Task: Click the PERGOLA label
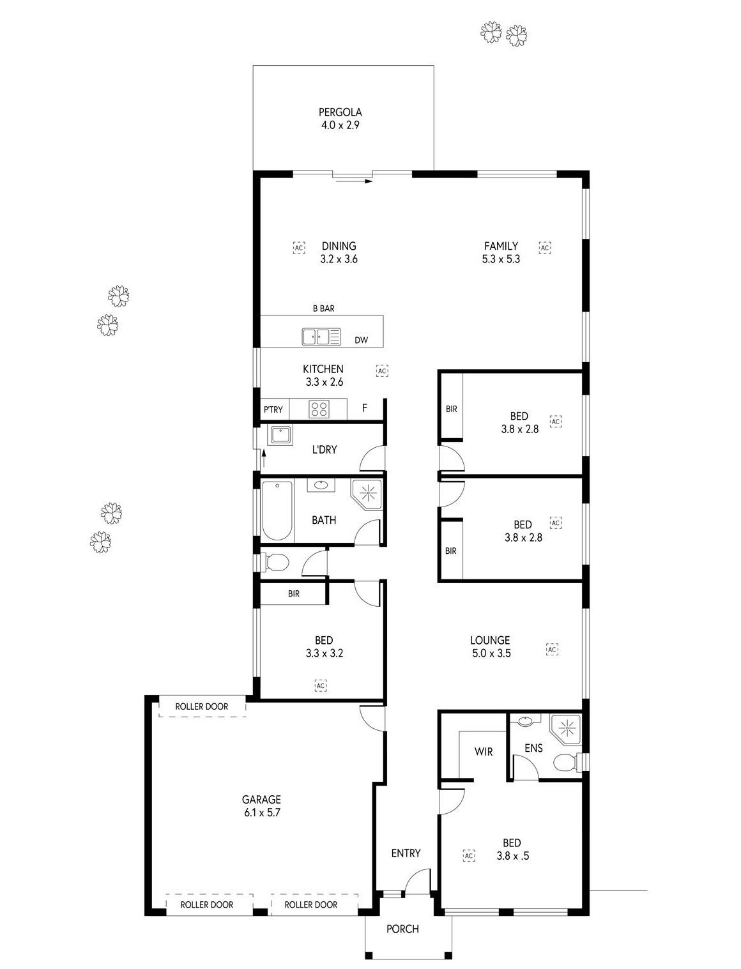click(x=340, y=112)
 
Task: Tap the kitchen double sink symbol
click(x=321, y=337)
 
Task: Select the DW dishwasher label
click(x=361, y=340)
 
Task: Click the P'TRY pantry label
click(x=273, y=409)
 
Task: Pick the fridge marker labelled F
click(x=365, y=408)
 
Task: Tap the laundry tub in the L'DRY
click(x=280, y=435)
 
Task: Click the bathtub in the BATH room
click(x=277, y=511)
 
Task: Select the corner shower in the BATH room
click(x=366, y=494)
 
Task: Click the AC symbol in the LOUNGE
click(x=552, y=650)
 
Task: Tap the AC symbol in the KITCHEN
click(x=382, y=371)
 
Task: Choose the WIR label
click(x=484, y=751)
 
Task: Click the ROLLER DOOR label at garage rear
click(x=202, y=706)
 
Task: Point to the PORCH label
click(x=402, y=929)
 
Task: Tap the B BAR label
click(x=323, y=309)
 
